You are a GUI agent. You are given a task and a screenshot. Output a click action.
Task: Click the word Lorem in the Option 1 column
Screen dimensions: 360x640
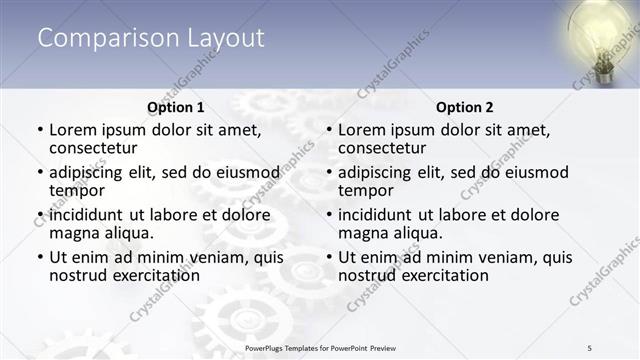pos(73,130)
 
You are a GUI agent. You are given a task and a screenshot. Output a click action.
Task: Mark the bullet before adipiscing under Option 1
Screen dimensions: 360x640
pos(40,173)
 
